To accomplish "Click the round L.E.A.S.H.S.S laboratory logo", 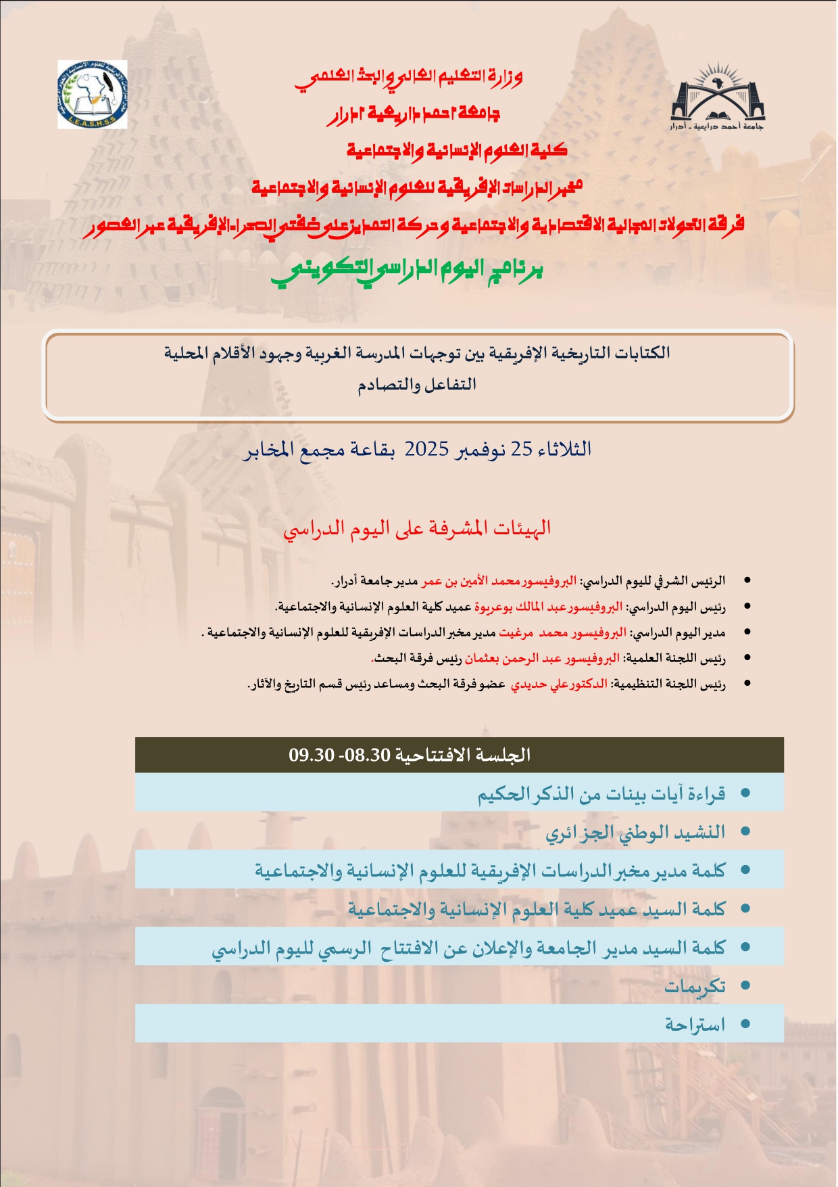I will tap(92, 95).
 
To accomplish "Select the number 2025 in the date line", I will tap(426, 449).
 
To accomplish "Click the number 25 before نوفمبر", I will tap(521, 449).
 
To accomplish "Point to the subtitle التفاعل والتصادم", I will tap(417, 385).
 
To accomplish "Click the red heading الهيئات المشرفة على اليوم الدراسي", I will tap(417, 528).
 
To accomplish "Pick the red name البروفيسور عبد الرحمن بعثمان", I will tap(541, 658).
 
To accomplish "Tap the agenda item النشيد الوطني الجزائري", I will tap(635, 832).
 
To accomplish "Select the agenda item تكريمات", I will tap(694, 986).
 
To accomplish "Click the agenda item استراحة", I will tap(694, 1025).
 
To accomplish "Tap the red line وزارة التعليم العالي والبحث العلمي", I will tap(408, 78).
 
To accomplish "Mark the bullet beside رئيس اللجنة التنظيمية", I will tap(747, 684).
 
